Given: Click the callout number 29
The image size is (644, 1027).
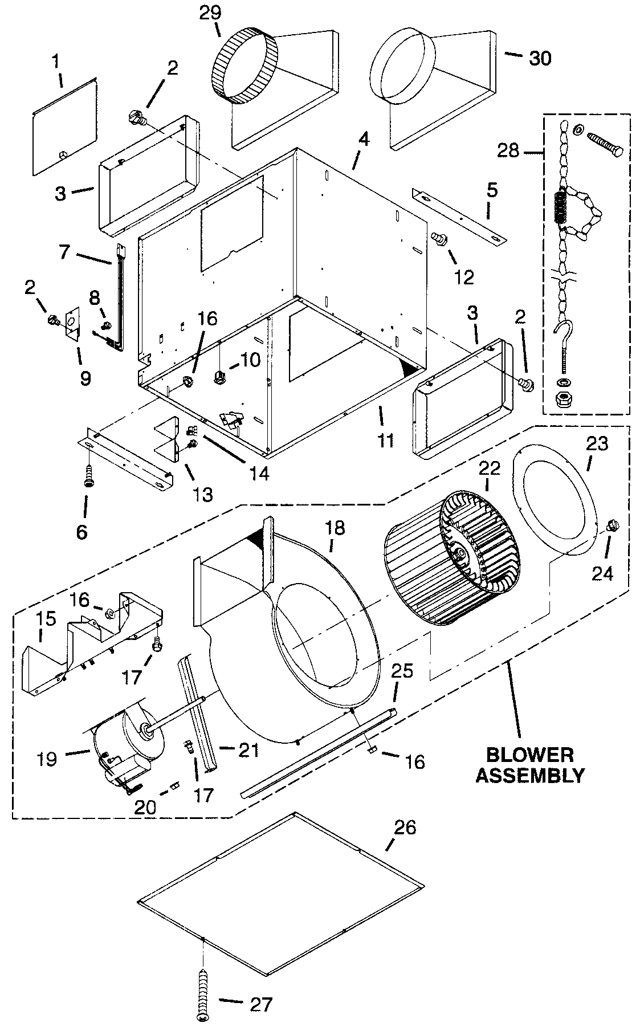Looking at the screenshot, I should click(x=211, y=13).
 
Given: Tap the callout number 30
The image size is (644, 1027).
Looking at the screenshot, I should click(x=539, y=58).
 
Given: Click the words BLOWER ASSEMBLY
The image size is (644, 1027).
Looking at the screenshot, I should click(x=529, y=765).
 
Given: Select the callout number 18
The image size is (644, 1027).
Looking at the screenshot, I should click(x=335, y=528).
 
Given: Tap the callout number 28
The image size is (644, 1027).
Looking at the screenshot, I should click(x=508, y=150).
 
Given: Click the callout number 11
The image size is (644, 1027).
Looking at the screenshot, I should click(x=385, y=440).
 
